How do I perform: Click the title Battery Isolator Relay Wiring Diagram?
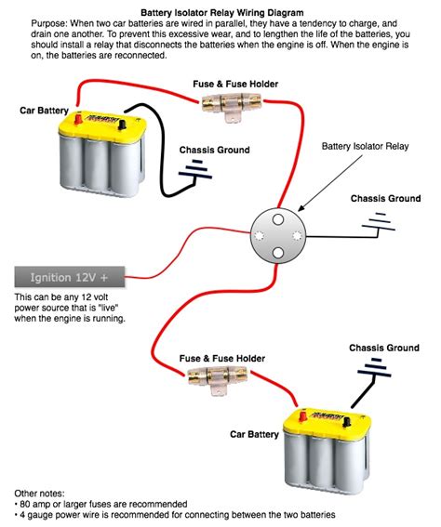(220, 8)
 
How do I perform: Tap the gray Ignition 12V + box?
(70, 277)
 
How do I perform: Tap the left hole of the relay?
(263, 230)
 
